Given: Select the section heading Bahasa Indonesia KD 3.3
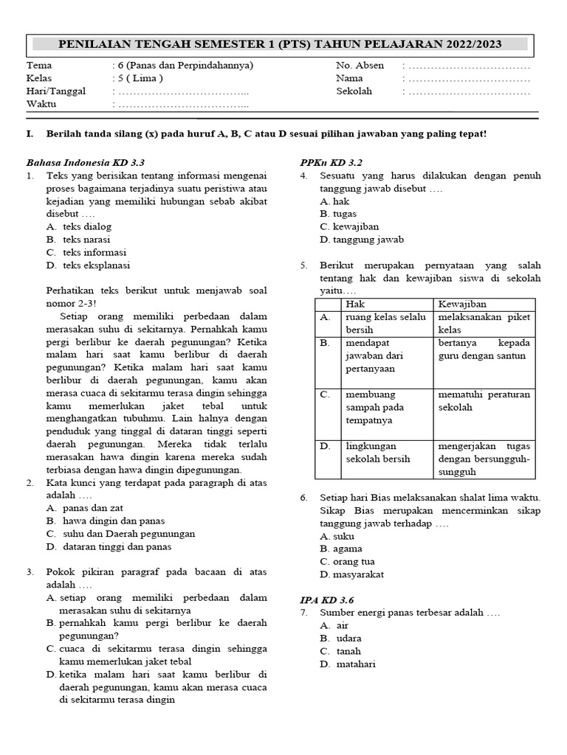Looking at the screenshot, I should pos(86,162).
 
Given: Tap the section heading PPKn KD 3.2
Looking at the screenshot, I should pos(331,162).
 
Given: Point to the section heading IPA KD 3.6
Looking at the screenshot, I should pos(327,600).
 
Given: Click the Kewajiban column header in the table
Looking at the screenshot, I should pos(462,304).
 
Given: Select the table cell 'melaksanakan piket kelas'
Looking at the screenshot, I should pos(484,323).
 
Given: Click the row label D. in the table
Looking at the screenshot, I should pos(325,446).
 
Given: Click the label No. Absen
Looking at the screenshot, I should pos(360,65).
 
